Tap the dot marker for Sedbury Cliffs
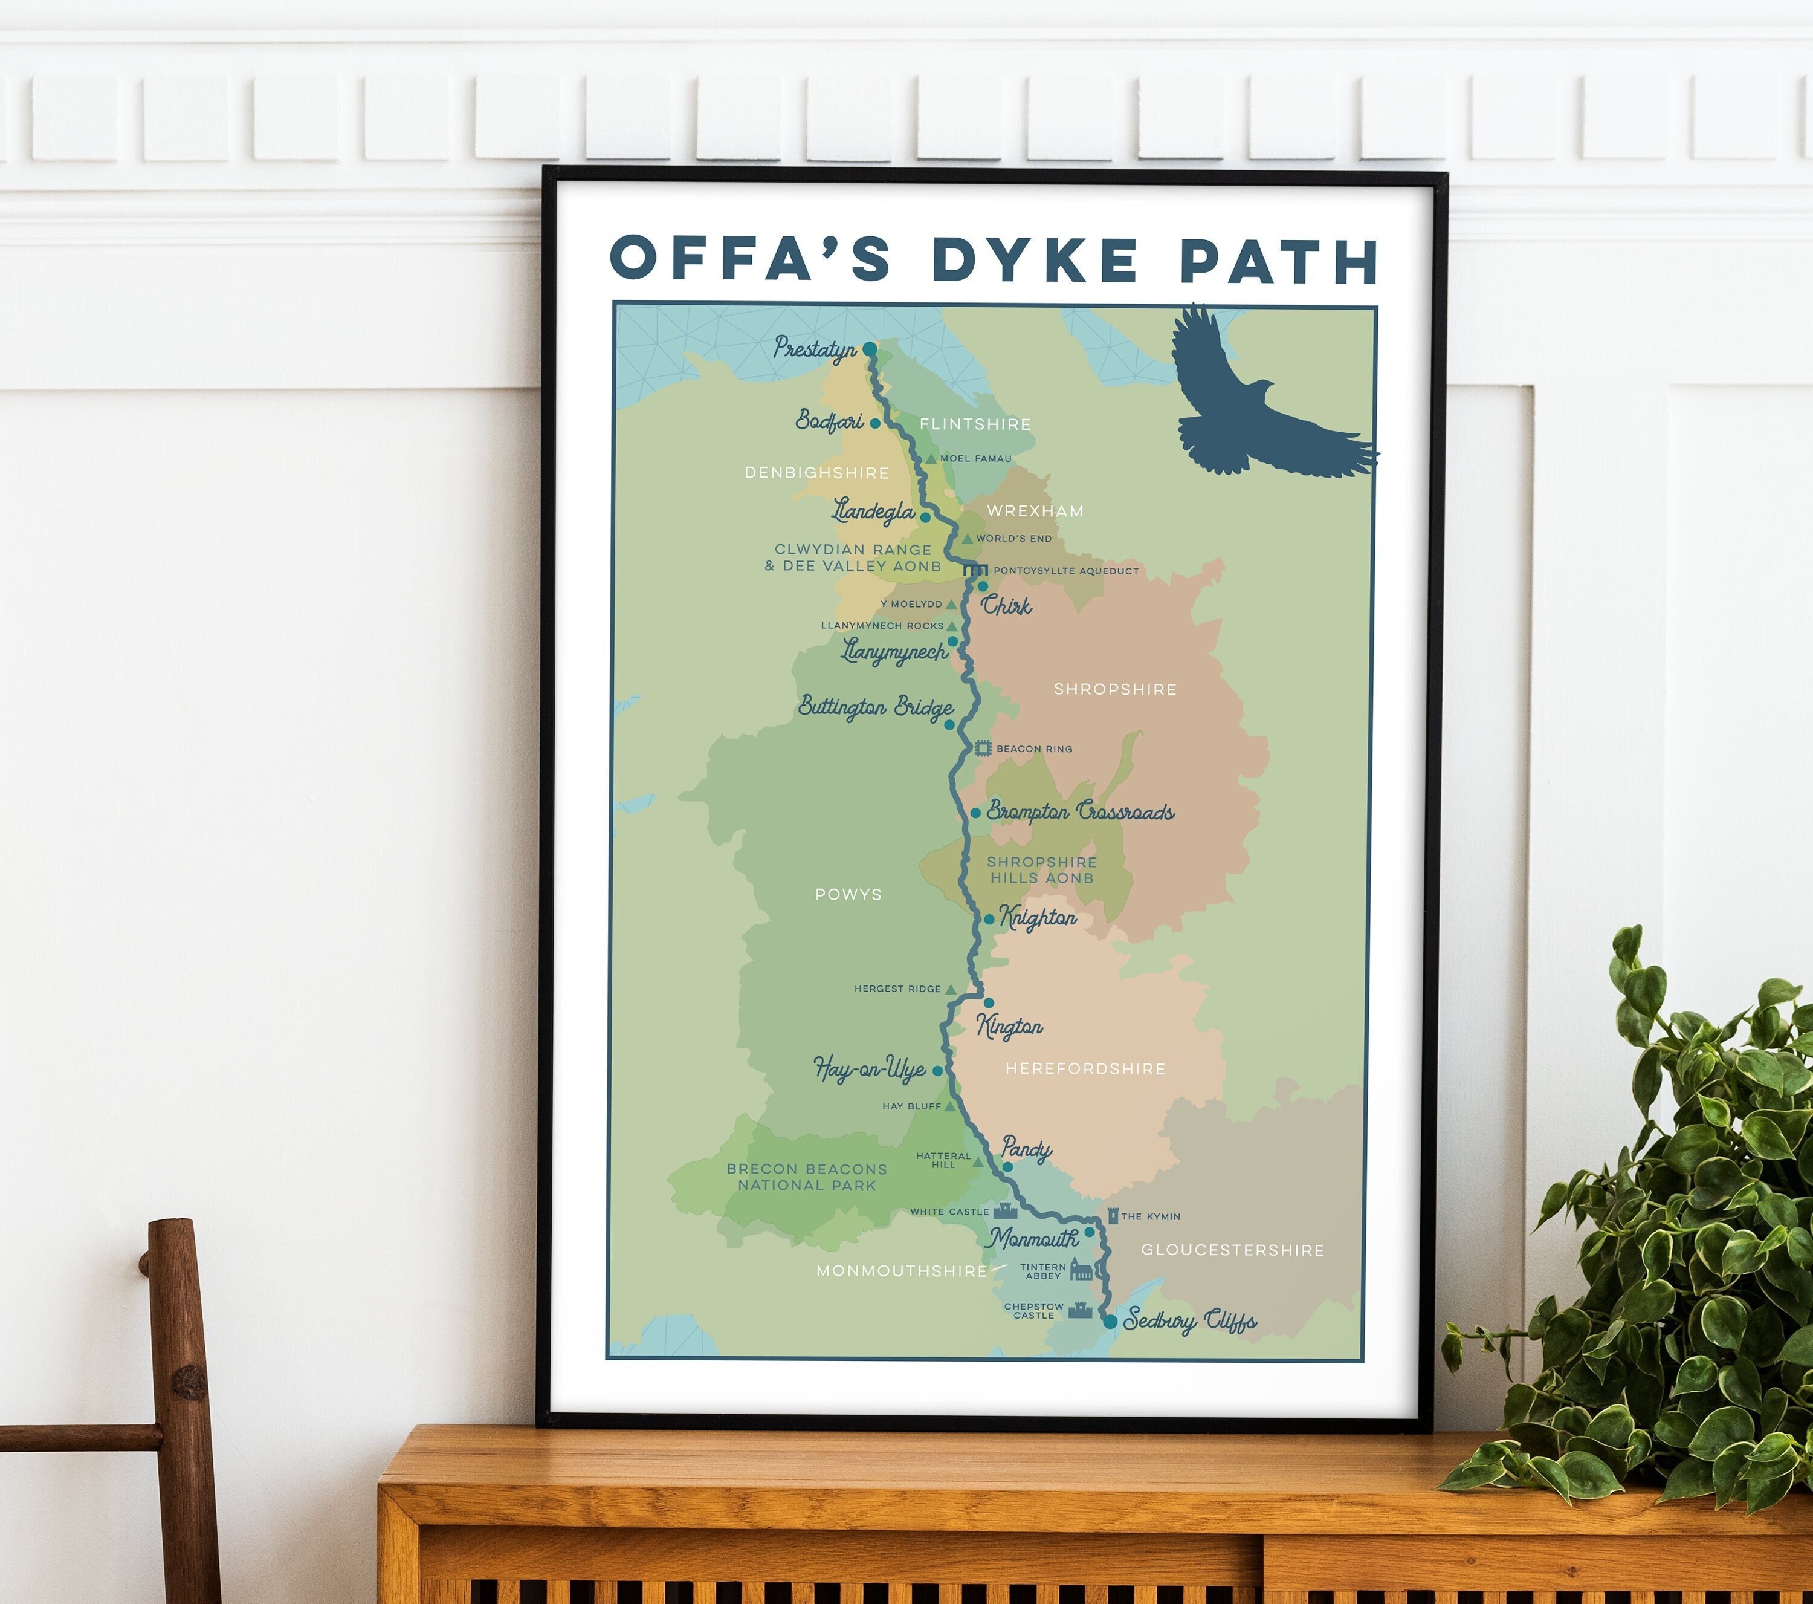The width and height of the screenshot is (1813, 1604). pos(1110,1322)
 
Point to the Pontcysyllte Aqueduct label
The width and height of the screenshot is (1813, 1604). pos(1065,571)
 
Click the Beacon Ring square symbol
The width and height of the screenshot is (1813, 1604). pos(983,748)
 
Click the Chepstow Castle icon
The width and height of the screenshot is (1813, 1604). pos(1079,1310)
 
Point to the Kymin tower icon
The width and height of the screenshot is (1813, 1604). pos(1113,1215)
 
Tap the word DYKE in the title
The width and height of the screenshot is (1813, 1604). pos(1034,259)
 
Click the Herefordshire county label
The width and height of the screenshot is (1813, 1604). pos(1085,1069)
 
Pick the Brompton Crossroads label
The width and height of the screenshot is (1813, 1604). pos(1081,812)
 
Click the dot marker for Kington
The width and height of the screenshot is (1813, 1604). pos(989,1002)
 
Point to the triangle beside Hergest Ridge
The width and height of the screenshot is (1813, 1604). pos(950,989)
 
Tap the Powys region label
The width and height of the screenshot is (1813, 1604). pos(848,894)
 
